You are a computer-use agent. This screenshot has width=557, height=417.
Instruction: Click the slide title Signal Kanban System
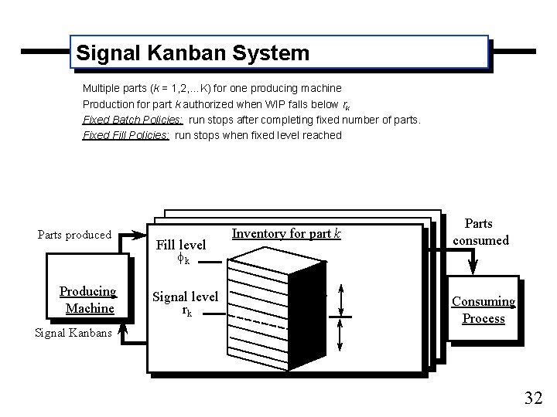tap(192, 53)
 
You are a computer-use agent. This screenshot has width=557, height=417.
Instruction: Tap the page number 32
tap(533, 398)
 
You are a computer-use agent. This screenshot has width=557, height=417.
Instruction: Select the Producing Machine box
tap(88, 300)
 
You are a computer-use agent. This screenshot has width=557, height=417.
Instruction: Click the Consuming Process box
tap(484, 310)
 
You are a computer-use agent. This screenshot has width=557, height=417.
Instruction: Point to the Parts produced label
tap(74, 235)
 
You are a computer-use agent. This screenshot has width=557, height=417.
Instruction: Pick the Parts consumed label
tap(480, 232)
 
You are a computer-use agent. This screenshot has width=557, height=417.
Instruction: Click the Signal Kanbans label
tap(73, 334)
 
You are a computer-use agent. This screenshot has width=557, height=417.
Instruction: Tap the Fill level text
tap(181, 245)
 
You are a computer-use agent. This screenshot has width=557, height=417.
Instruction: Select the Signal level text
tap(185, 296)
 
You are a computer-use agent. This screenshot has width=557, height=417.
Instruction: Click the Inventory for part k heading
tap(286, 233)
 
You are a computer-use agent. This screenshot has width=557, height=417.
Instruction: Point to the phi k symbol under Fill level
tap(183, 260)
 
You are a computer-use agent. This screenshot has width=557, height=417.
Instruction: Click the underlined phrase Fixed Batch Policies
tap(132, 120)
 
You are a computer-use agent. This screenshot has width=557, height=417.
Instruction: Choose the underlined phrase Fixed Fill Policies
tap(125, 135)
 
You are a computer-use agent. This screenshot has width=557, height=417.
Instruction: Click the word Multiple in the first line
tap(101, 89)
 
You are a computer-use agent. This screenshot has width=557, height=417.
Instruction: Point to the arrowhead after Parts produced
tap(140, 235)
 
